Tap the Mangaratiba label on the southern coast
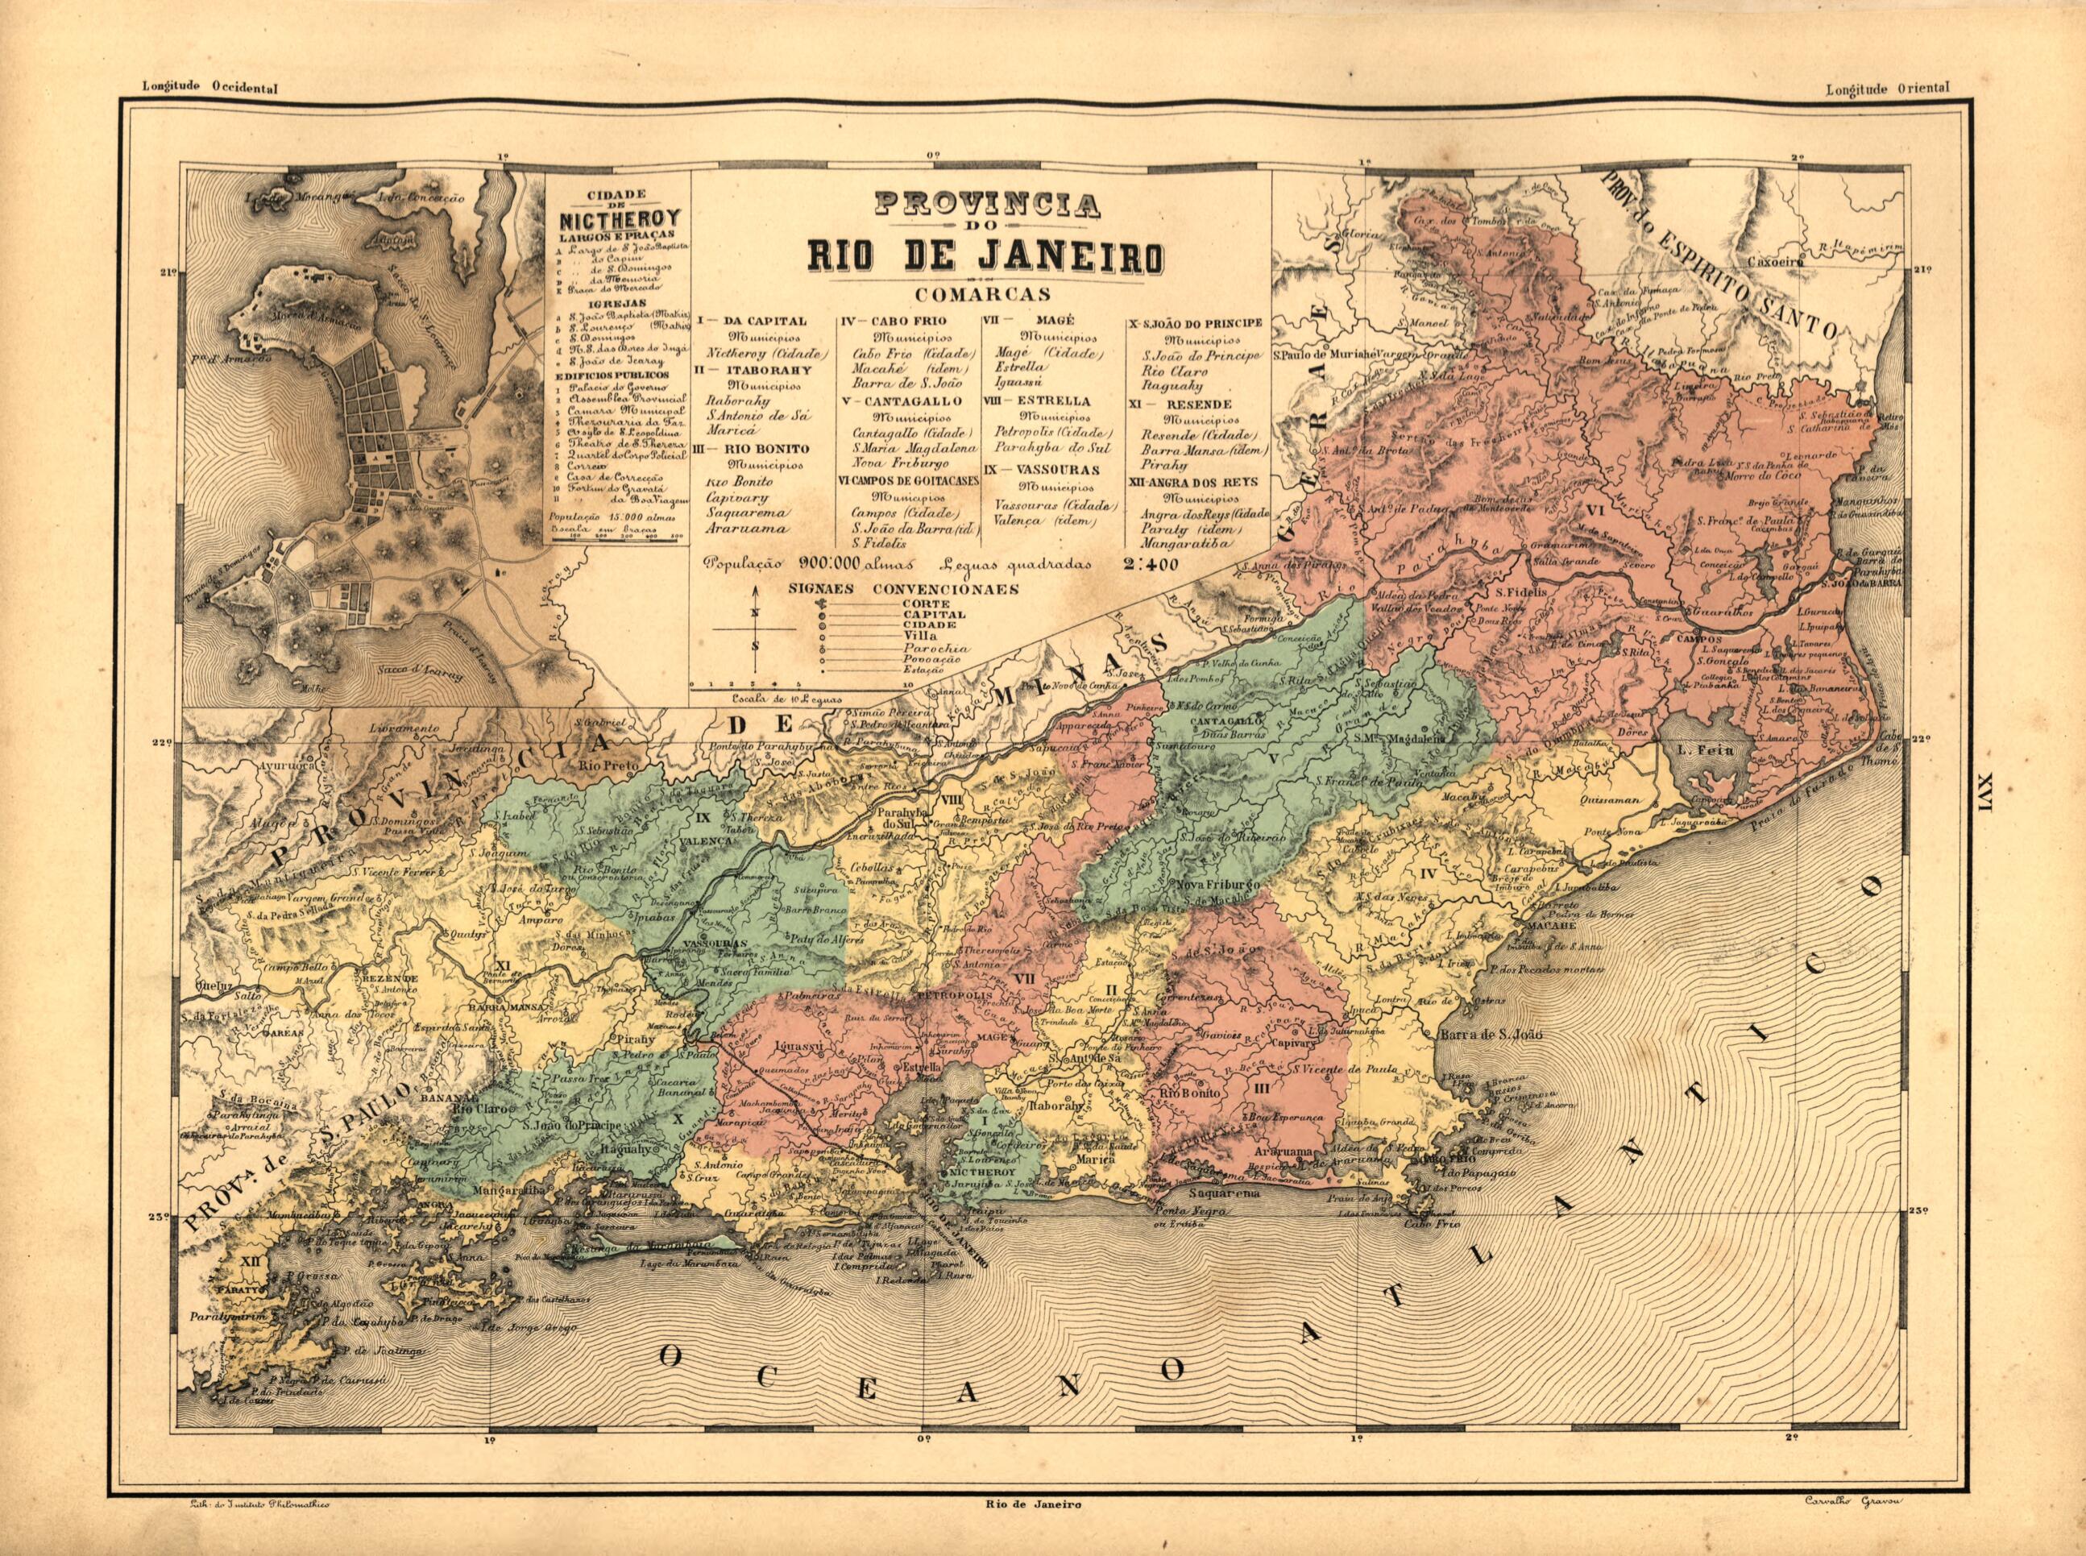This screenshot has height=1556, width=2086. point(514,1189)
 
